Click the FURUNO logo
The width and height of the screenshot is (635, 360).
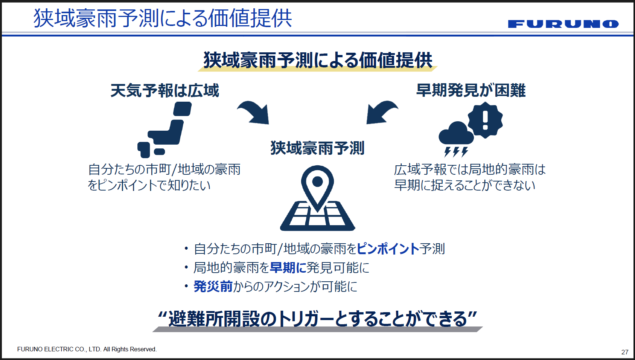point(563,24)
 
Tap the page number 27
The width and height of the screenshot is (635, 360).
point(625,352)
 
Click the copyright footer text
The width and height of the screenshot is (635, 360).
point(87,349)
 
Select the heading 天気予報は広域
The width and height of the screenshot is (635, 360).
point(165,91)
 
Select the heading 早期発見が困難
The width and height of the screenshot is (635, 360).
point(471,90)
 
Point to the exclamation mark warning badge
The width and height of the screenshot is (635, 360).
point(485,120)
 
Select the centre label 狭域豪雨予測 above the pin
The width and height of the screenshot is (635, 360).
point(317,148)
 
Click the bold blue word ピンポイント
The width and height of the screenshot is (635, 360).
point(388,249)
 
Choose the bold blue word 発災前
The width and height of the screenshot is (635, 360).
point(213,287)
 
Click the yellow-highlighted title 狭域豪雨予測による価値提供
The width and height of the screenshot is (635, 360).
point(318,60)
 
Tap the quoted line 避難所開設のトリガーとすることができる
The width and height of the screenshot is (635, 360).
point(318,319)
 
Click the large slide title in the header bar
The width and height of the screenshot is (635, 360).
point(163,18)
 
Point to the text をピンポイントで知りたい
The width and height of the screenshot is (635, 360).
point(149,185)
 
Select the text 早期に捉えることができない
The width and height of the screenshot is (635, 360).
point(465,185)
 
